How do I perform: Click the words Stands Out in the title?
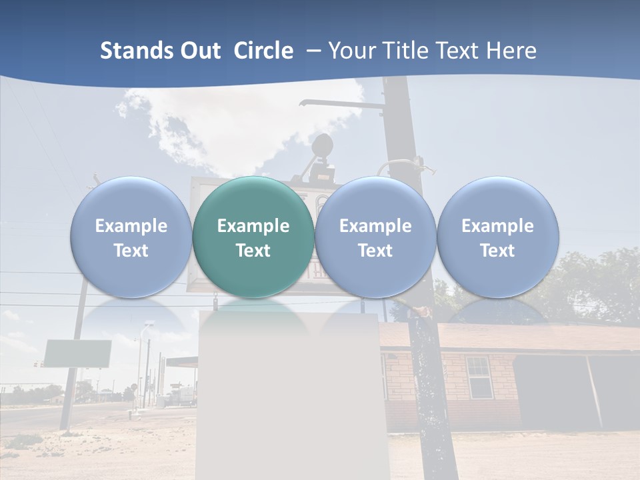coord(160,51)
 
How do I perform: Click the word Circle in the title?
coord(263,51)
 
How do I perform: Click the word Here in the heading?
coord(511,51)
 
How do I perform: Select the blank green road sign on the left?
coord(77,353)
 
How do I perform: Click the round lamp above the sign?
coord(323,145)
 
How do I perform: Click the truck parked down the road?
coord(183,396)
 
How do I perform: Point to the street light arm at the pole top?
coord(333,103)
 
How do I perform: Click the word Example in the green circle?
coord(253,226)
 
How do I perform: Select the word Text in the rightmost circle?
coord(497,251)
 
